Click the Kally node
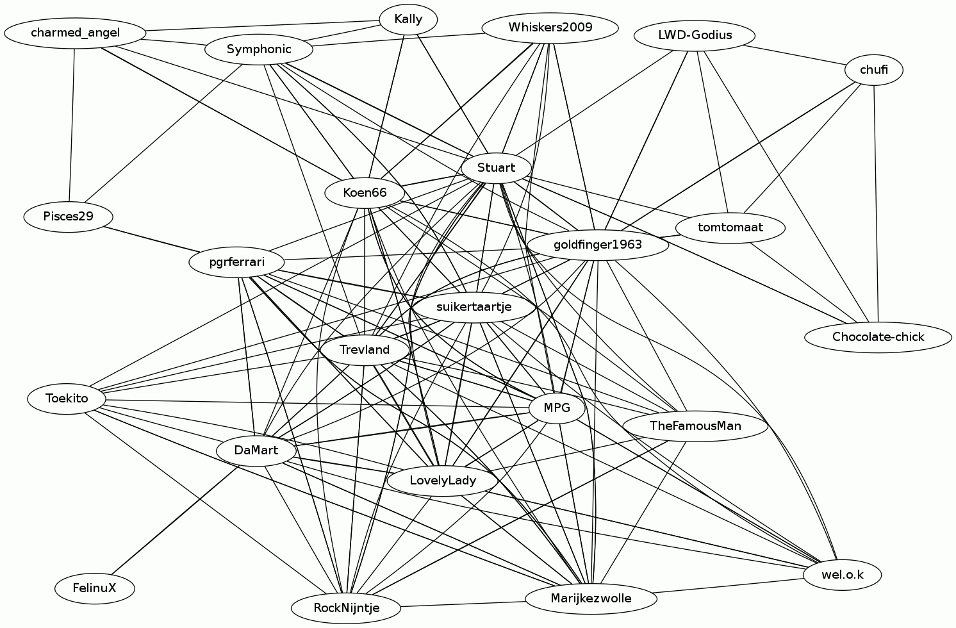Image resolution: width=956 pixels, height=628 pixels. click(408, 19)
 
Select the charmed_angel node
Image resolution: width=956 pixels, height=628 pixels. click(75, 33)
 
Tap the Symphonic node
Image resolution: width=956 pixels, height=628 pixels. click(259, 49)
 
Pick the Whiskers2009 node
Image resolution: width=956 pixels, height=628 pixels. click(550, 28)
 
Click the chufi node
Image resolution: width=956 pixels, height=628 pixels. click(874, 70)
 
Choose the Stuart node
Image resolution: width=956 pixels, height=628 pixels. click(496, 168)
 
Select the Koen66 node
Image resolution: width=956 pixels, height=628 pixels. click(365, 193)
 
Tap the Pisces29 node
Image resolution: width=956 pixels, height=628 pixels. click(69, 216)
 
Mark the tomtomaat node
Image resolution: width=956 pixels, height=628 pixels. click(730, 227)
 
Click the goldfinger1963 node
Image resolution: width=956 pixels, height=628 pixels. click(597, 245)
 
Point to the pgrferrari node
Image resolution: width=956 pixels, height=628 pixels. click(237, 263)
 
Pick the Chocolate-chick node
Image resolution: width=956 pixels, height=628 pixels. click(878, 337)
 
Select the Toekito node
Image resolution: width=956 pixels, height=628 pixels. click(67, 399)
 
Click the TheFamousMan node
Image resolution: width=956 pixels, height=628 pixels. click(695, 426)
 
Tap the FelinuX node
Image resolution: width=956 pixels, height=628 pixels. click(94, 588)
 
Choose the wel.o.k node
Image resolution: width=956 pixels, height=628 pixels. click(842, 575)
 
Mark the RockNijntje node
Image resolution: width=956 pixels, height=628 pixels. click(346, 607)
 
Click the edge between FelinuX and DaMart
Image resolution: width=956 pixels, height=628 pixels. click(176, 519)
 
